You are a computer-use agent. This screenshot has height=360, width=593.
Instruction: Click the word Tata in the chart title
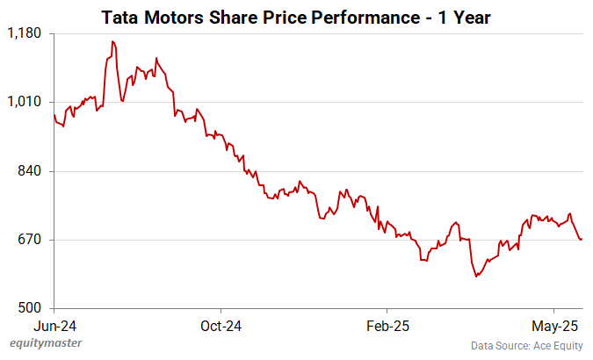(x=121, y=16)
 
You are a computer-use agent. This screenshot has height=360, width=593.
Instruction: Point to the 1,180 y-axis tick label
(x=25, y=33)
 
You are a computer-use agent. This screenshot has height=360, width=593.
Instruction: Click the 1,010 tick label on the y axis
(x=25, y=102)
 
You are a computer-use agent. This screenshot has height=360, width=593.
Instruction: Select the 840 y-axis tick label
(x=30, y=170)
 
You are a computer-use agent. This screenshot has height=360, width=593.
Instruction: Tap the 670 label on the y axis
(x=30, y=239)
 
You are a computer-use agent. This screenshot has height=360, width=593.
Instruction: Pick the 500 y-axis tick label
(x=30, y=308)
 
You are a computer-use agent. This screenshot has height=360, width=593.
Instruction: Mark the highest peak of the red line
(x=112, y=41)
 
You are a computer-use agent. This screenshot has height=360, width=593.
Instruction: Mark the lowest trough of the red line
(x=476, y=277)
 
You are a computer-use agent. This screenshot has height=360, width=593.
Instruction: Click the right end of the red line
(x=582, y=240)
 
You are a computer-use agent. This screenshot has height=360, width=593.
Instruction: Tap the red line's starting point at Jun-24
(x=54, y=115)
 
